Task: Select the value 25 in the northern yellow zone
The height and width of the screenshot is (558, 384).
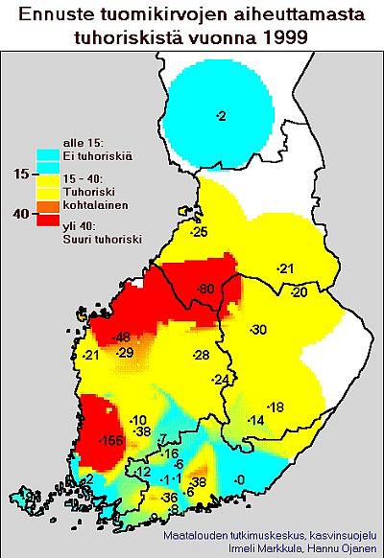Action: [200, 233]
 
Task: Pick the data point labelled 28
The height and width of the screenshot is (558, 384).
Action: [201, 356]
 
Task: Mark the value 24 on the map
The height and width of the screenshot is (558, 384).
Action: [222, 381]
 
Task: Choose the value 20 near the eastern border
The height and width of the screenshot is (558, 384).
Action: [299, 291]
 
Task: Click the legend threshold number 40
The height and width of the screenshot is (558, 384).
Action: [17, 214]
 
